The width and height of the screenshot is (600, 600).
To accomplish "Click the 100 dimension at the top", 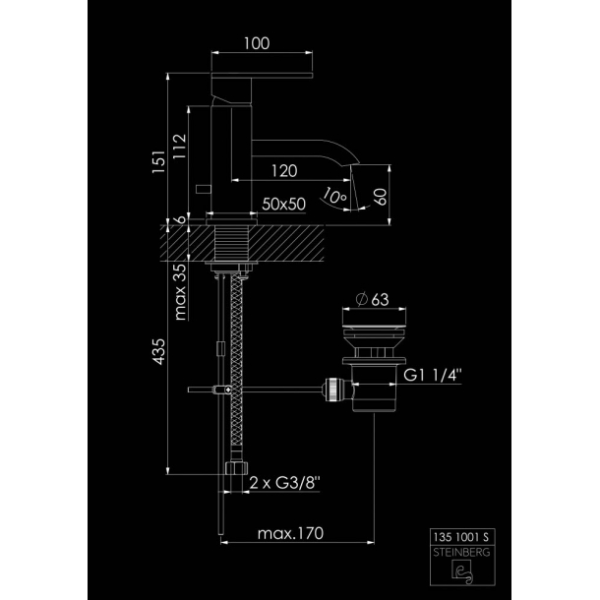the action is click(x=257, y=43).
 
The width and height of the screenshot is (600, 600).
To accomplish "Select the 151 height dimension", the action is click(x=158, y=162).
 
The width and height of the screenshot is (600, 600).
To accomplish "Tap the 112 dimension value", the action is click(x=179, y=146).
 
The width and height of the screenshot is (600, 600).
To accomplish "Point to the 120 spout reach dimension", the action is click(x=284, y=171).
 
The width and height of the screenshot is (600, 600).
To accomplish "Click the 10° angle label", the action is click(x=333, y=196).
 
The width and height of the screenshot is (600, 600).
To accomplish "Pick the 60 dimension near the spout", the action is click(x=381, y=197).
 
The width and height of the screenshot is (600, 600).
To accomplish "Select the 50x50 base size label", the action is click(x=284, y=204).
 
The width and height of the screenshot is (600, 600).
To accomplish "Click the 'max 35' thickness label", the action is click(x=180, y=291).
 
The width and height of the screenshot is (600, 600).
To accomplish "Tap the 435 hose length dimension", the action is click(x=158, y=351).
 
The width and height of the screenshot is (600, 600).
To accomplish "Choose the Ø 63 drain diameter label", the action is click(x=372, y=299).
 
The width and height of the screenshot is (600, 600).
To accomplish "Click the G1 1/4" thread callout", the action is click(x=433, y=375).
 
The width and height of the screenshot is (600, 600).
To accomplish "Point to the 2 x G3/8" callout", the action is click(x=284, y=483).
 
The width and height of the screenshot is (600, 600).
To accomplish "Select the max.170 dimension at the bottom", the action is click(x=290, y=533).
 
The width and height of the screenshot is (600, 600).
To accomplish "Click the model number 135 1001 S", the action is click(x=461, y=537).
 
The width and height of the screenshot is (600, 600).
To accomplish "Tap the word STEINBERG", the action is click(x=461, y=552).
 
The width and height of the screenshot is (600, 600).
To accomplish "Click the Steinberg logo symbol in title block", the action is click(x=462, y=571).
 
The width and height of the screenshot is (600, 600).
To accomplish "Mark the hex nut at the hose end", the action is click(x=236, y=467).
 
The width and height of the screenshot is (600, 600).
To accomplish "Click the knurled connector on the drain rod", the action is click(x=331, y=390).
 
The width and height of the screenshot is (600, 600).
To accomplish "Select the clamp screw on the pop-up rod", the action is click(x=223, y=390).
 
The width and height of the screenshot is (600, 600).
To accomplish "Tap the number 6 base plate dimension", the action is click(x=181, y=219).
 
